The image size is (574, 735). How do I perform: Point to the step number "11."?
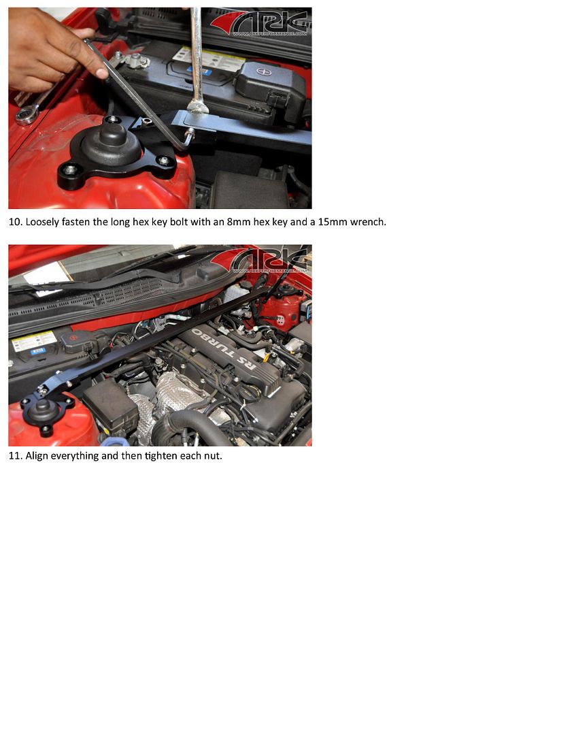point(15,456)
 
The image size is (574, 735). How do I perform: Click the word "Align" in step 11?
point(38,456)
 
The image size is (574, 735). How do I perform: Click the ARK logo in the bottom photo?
point(269,260)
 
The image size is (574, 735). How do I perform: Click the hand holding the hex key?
point(44,48)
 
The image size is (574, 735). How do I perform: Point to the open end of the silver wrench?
point(197,106)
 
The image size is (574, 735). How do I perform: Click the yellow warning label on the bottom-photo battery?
point(34,342)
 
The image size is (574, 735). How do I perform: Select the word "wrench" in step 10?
point(367,222)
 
